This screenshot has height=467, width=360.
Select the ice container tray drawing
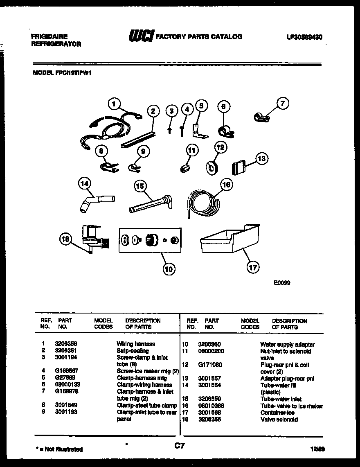click(229, 239)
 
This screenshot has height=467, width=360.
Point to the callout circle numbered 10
click(169, 268)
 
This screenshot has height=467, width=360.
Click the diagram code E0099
click(282, 282)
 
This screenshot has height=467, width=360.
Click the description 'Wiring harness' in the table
click(136, 344)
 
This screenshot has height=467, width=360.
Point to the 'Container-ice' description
click(277, 413)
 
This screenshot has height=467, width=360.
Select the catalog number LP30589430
click(304, 37)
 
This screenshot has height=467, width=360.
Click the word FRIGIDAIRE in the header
click(49, 36)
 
